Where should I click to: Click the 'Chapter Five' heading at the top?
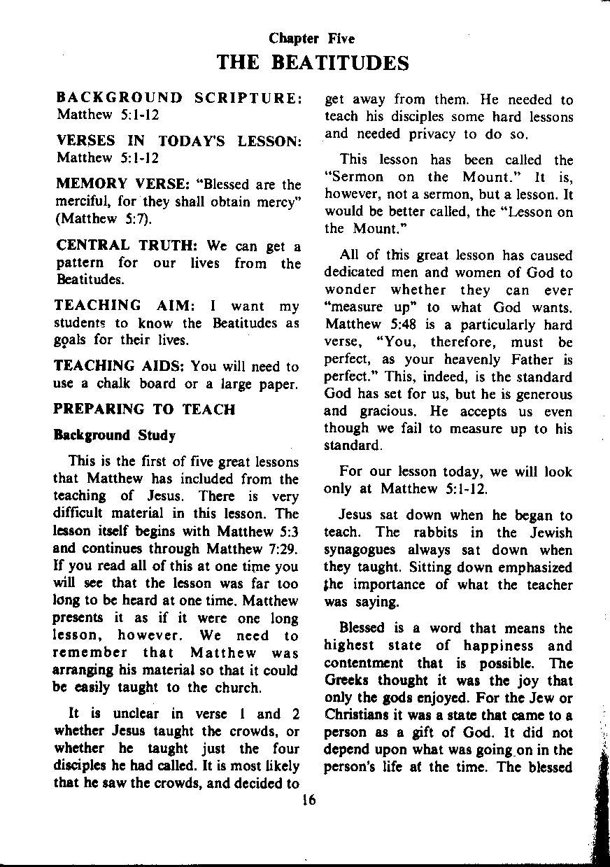click(312, 39)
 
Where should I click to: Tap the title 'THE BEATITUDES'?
click(313, 64)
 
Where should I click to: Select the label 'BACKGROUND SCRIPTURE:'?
click(178, 98)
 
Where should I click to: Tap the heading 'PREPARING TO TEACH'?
click(144, 409)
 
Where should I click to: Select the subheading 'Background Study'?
click(114, 435)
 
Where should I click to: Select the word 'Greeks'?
click(348, 681)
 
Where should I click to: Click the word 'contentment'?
click(364, 663)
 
